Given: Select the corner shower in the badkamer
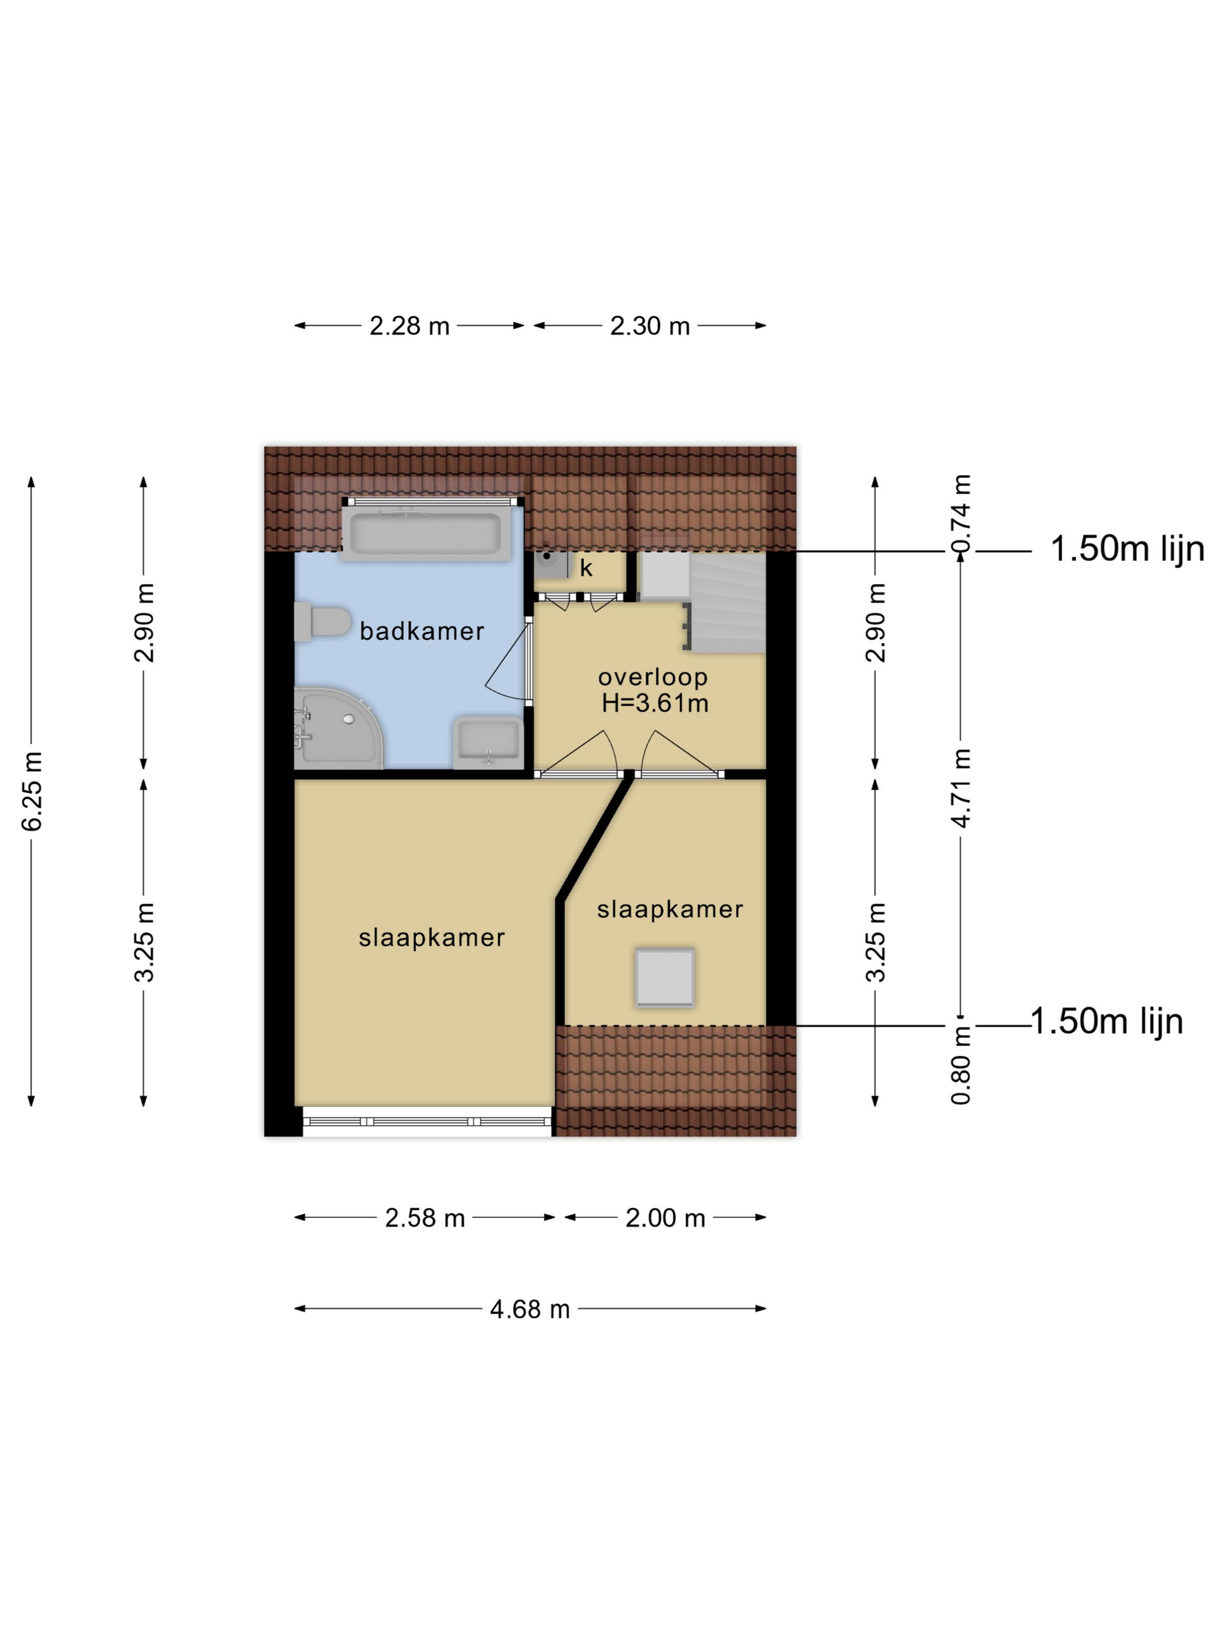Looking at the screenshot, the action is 338,728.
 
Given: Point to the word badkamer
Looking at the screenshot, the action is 422,631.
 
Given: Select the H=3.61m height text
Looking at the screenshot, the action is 655,703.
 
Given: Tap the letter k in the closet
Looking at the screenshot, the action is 586,567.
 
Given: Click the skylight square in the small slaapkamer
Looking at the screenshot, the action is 664,977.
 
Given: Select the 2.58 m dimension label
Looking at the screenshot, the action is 425,1217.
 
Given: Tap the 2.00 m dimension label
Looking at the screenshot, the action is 666,1217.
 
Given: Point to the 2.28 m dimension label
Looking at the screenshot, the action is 409,326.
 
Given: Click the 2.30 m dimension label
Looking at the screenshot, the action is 650,326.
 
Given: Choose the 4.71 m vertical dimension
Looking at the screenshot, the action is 961,787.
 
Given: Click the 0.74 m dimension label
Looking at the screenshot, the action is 961,514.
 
